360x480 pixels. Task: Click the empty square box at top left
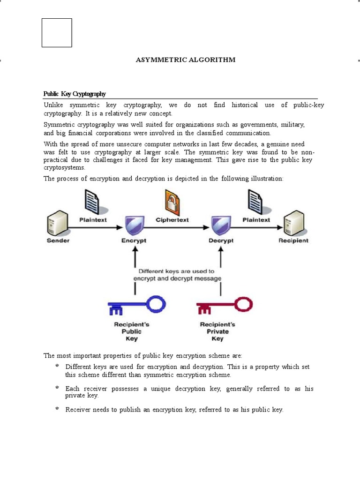pyautogui.click(x=57, y=33)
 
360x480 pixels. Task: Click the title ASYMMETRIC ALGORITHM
pyautogui.click(x=185, y=60)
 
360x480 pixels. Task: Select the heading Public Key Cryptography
pyautogui.click(x=75, y=94)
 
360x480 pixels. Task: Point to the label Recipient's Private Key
pyautogui.click(x=217, y=331)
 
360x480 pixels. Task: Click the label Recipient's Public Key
pyautogui.click(x=132, y=331)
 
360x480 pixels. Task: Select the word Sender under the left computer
pyautogui.click(x=58, y=240)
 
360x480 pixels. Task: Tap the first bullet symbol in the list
pyautogui.click(x=57, y=365)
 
